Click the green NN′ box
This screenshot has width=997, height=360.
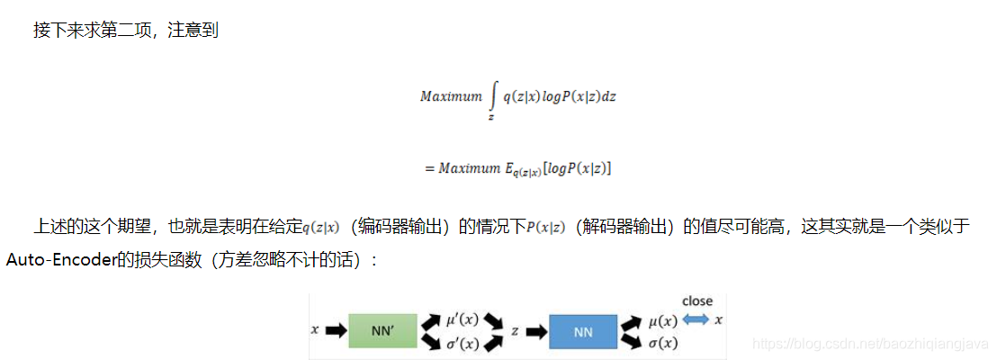click(x=382, y=331)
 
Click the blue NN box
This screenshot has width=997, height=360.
click(x=582, y=331)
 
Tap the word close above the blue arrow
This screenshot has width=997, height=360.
click(x=697, y=301)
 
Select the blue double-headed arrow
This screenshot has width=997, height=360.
click(x=695, y=319)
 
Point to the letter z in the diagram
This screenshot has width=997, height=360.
click(x=515, y=331)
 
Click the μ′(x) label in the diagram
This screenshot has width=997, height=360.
click(x=463, y=319)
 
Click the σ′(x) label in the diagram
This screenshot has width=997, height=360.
click(x=463, y=343)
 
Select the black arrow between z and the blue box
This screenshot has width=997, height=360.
click(x=535, y=331)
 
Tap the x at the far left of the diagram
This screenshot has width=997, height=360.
click(x=315, y=331)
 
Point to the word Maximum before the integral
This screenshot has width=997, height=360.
click(x=451, y=96)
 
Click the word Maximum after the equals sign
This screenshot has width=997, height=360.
click(x=469, y=169)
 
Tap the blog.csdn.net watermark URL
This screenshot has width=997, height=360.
click(x=869, y=344)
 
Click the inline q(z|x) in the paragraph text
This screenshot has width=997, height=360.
click(x=321, y=227)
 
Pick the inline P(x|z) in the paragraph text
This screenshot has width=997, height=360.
click(x=545, y=227)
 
